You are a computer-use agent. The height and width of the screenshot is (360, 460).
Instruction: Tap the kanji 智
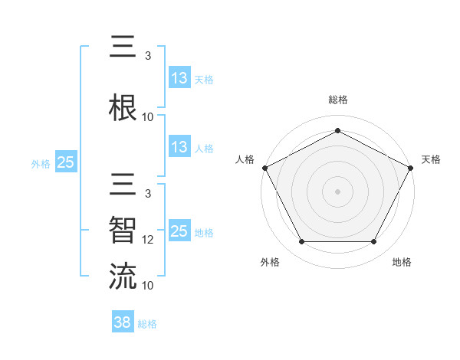click(x=123, y=231)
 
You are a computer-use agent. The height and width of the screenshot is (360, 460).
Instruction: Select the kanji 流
click(x=123, y=276)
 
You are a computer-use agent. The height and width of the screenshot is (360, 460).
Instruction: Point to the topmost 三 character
click(x=123, y=48)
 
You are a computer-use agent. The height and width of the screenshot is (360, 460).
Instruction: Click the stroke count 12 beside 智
click(x=149, y=240)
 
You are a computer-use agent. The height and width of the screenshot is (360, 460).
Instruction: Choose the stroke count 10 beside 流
click(x=149, y=285)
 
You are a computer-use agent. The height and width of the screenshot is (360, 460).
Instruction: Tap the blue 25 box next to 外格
click(x=65, y=162)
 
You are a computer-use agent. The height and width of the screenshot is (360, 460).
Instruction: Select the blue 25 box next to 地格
click(x=179, y=231)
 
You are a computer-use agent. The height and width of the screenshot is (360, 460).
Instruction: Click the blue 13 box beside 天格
click(x=179, y=78)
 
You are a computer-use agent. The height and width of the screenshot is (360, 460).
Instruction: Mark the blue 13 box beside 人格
click(x=179, y=147)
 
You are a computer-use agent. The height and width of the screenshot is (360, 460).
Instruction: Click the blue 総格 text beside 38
click(x=147, y=324)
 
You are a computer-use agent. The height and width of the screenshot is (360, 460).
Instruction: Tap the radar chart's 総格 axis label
click(x=338, y=100)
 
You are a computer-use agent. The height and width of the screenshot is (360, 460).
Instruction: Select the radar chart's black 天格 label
click(x=431, y=159)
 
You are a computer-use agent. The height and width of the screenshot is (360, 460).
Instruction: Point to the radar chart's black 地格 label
click(x=402, y=262)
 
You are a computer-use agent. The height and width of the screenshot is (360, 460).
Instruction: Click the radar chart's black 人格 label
click(x=245, y=159)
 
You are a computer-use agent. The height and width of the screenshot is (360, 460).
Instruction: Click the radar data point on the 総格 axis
click(x=337, y=131)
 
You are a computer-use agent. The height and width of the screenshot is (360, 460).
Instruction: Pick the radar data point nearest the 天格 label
click(x=412, y=167)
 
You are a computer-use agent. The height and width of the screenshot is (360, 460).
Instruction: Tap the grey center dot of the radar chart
click(x=337, y=191)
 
